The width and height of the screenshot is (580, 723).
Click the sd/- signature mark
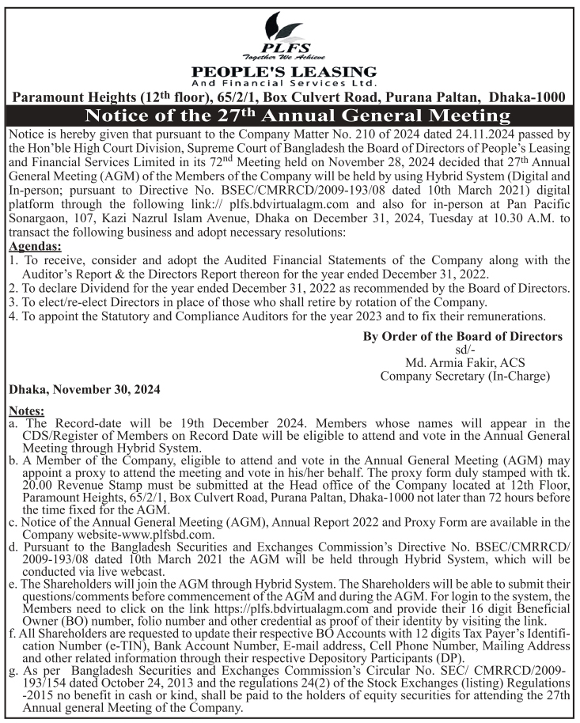pos(464,350)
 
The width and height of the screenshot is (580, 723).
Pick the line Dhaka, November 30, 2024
pos(85,390)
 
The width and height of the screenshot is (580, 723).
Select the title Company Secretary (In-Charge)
pos(464,376)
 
